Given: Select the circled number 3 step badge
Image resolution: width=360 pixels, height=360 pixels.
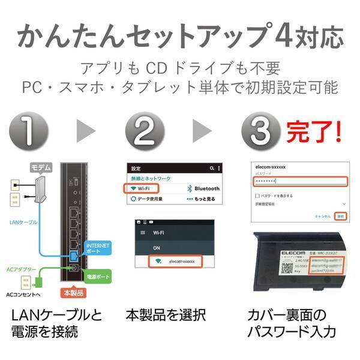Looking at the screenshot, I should [262, 129].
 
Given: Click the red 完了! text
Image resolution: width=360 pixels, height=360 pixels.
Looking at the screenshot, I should [313, 129].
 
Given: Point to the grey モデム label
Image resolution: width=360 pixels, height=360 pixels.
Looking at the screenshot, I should [40, 167].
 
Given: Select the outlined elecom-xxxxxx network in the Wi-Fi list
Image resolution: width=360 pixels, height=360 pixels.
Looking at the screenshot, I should [175, 262].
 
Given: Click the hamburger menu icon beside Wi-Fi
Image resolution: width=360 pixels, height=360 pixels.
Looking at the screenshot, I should [142, 231].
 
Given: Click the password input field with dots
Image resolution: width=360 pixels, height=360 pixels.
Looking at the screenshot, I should [300, 181].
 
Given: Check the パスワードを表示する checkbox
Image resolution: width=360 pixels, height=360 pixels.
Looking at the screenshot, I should [257, 195].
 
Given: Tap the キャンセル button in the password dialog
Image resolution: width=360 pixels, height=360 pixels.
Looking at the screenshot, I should [323, 216].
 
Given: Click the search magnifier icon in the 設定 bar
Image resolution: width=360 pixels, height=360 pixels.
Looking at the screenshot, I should [211, 169].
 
